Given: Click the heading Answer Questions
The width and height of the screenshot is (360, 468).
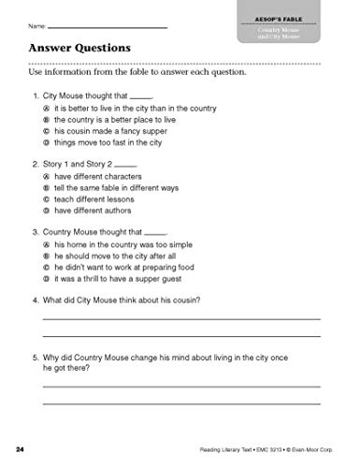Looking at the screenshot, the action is click(x=79, y=47).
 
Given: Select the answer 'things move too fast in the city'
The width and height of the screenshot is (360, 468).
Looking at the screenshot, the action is click(x=112, y=144).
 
